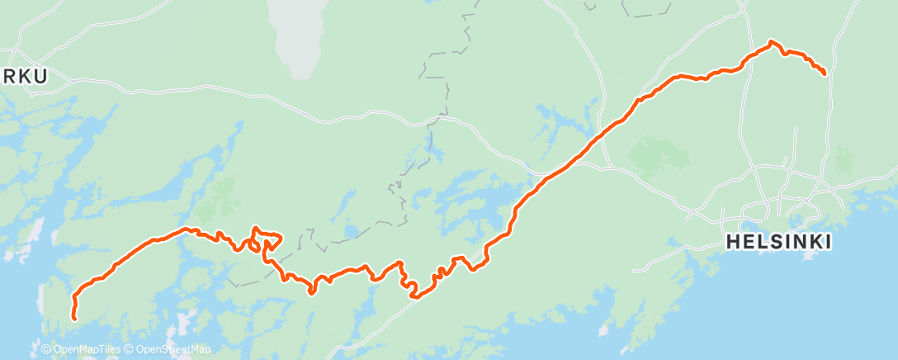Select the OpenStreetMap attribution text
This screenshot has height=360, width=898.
point(173,349)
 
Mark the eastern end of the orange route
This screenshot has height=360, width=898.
point(824,73)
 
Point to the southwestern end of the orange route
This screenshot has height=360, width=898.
point(74,317)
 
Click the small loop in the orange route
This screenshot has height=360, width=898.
point(266,241)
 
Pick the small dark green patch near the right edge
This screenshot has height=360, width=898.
point(843,159)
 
